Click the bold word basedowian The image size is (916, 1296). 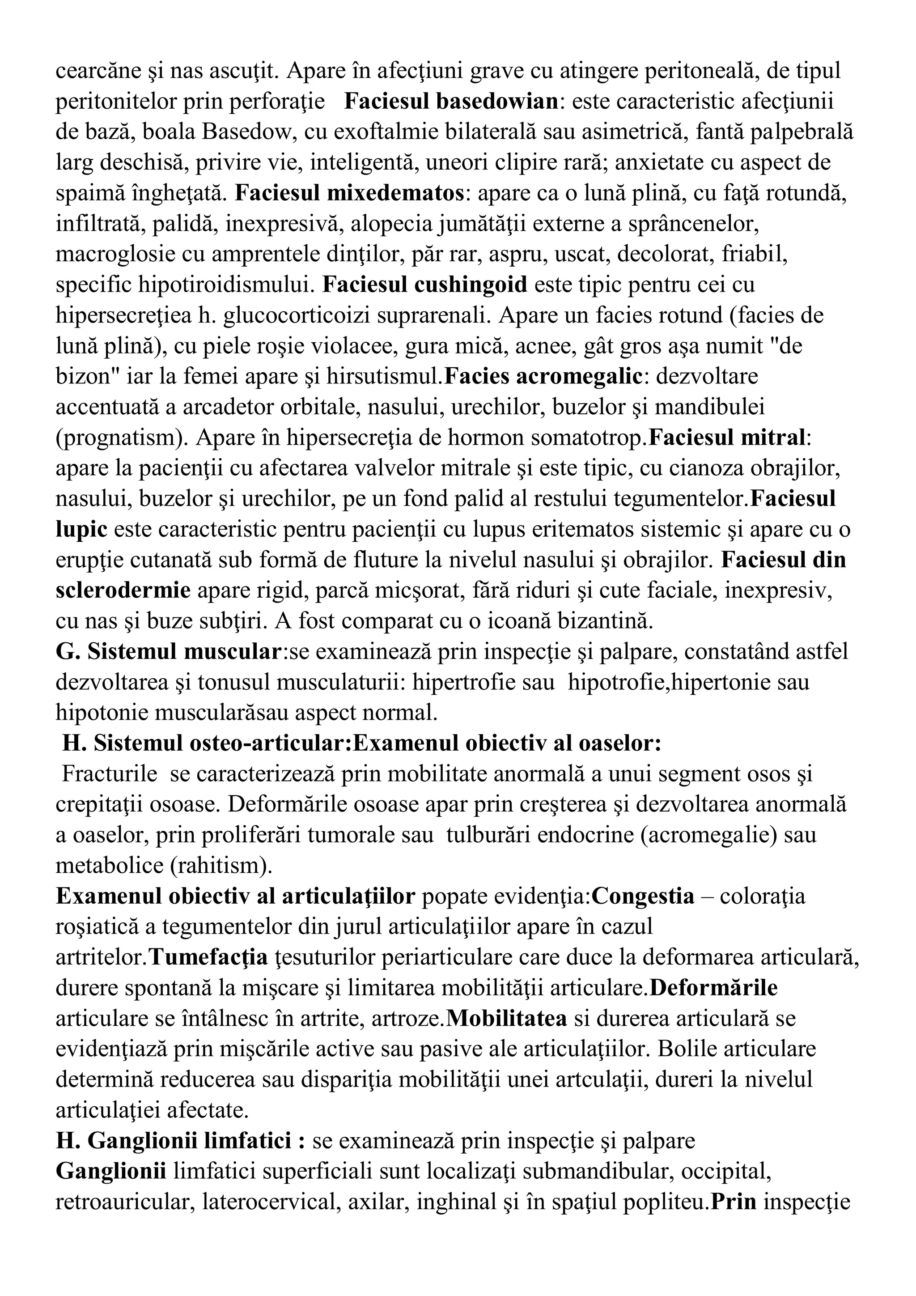pos(497,102)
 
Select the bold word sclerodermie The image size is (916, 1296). pos(123,591)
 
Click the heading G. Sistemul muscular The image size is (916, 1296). pos(169,651)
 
